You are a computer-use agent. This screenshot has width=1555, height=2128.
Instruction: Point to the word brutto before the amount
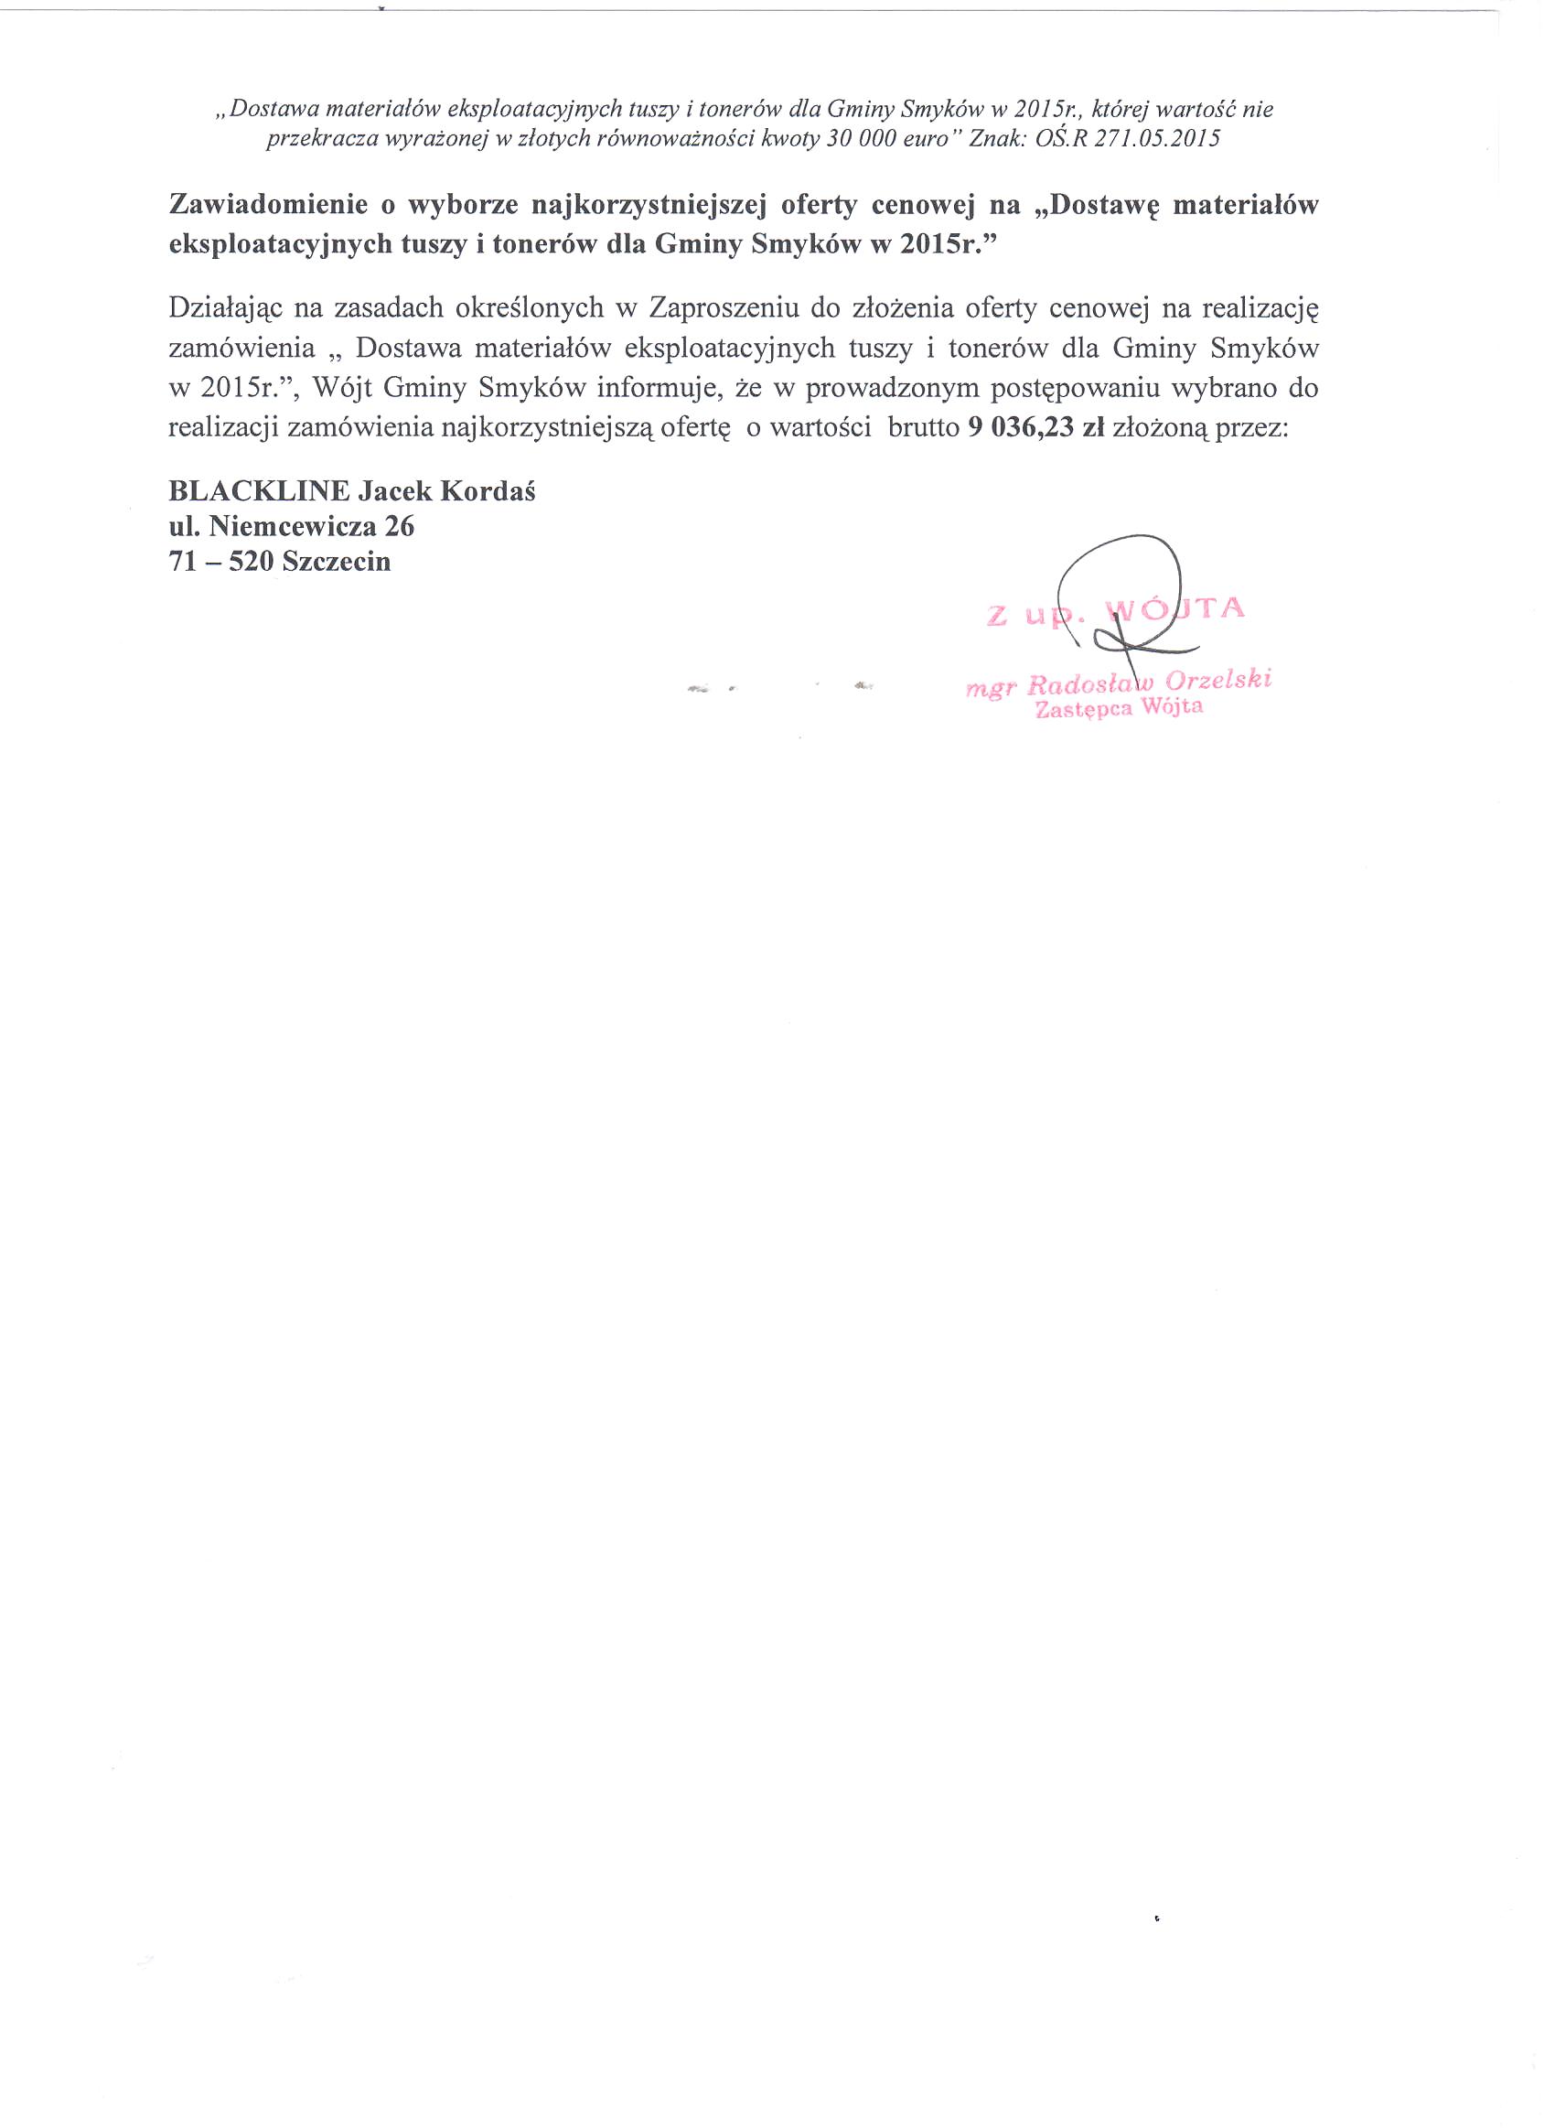916,428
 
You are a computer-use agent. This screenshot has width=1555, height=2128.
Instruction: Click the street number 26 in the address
399,526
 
